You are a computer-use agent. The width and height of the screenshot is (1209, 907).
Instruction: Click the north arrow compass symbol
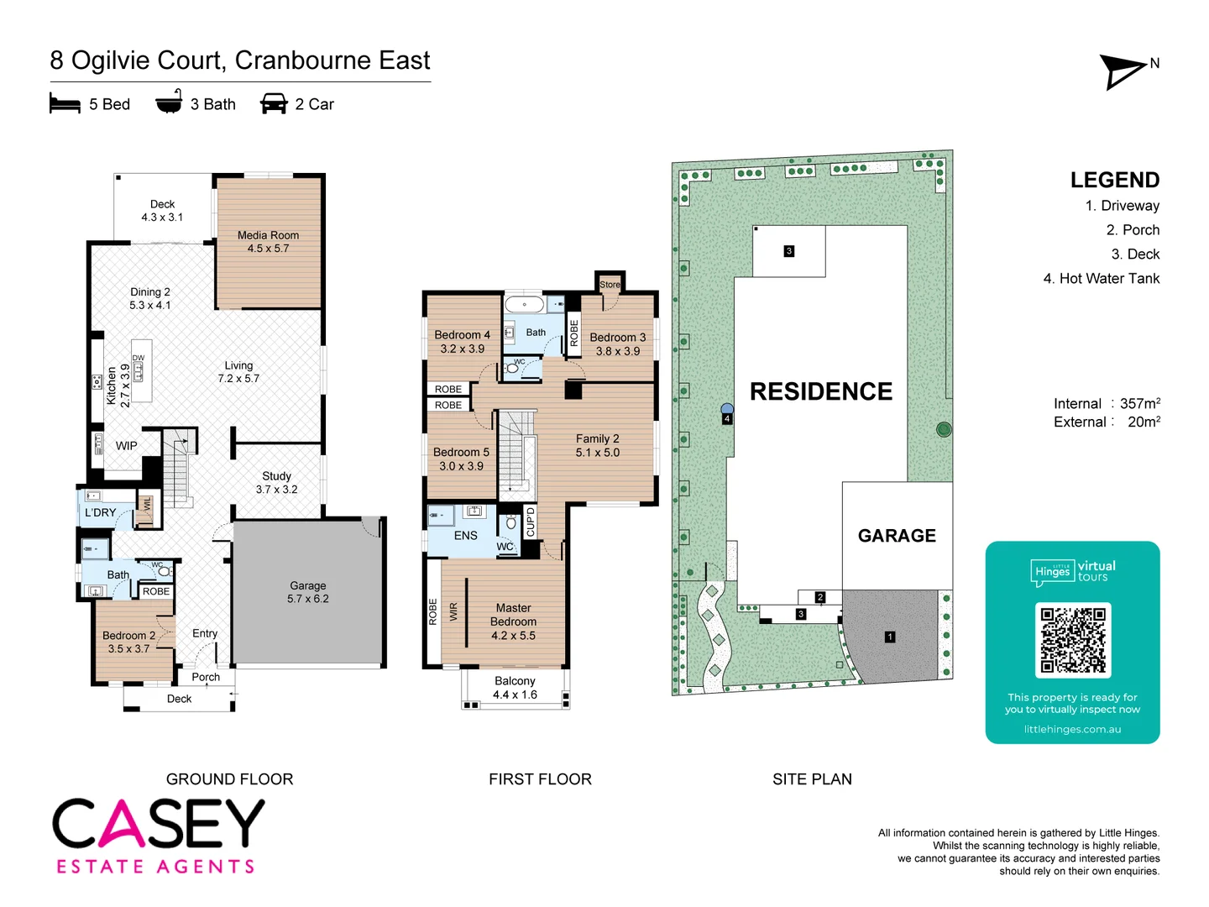pos(1123,71)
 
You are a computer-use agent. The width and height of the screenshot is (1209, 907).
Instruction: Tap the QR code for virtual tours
pos(1073,640)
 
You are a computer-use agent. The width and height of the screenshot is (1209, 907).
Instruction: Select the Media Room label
pos(268,242)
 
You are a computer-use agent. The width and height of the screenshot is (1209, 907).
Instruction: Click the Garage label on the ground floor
pos(308,592)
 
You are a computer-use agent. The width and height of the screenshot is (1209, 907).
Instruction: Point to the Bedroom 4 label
pos(462,341)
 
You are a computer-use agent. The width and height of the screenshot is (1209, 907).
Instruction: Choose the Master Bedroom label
pos(513,621)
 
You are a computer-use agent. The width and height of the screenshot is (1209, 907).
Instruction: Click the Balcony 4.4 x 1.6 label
pos(515,688)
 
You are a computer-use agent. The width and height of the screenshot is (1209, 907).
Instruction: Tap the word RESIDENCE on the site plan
pos(820,391)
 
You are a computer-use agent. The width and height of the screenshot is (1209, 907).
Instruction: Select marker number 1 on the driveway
pos(890,637)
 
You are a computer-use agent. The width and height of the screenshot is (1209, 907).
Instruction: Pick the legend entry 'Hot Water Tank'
pos(1101,278)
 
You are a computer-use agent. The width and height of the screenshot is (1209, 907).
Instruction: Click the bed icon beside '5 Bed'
pos(65,104)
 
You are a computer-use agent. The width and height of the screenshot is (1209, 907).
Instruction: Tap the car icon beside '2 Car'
pos(274,104)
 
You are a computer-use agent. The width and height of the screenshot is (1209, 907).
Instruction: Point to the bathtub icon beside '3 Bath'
pos(169,102)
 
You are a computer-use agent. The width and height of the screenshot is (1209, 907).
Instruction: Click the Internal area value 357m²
pos(1139,403)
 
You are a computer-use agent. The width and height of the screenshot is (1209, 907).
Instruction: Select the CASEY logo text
pos(159,824)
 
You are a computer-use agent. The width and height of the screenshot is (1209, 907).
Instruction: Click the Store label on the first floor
pos(610,285)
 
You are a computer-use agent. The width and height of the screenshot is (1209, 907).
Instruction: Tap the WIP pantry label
pos(127,446)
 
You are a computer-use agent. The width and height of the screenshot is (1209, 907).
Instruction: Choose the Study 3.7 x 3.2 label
pos(276,482)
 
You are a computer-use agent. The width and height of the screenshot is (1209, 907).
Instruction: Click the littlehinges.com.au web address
pos(1072,729)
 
